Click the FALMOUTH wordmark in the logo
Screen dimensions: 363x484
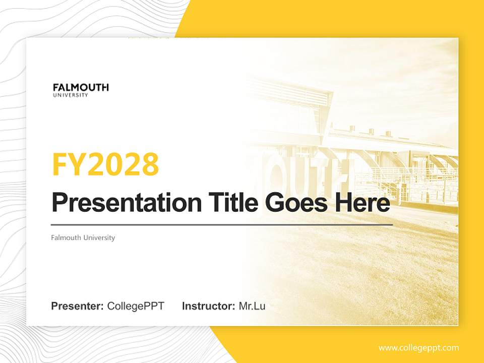click(x=81, y=87)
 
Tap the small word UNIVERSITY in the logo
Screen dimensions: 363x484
click(x=71, y=95)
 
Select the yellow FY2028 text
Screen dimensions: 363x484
click(x=105, y=164)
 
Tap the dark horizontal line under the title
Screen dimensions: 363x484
click(x=222, y=224)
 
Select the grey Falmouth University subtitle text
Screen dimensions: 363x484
click(x=83, y=237)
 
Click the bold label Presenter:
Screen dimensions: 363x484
click(x=78, y=306)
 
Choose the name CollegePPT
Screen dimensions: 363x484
click(x=136, y=306)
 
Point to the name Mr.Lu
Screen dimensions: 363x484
click(x=252, y=306)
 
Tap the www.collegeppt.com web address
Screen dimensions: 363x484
click(x=418, y=348)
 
